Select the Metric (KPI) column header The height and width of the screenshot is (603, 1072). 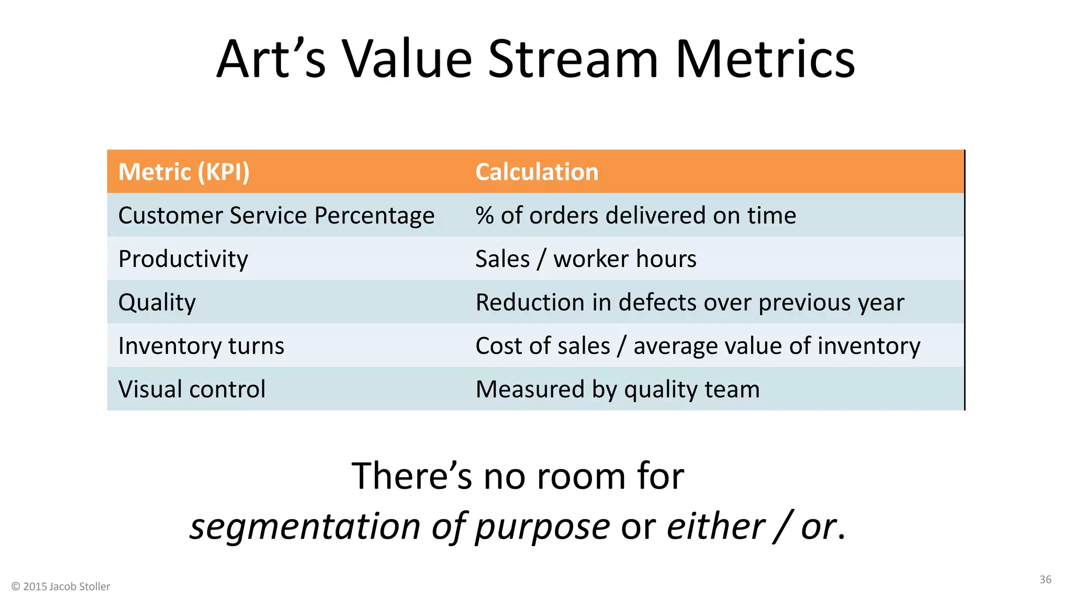click(184, 172)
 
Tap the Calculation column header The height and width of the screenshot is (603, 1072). click(537, 172)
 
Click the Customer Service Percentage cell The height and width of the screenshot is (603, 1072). click(276, 216)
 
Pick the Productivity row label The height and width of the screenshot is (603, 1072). click(183, 259)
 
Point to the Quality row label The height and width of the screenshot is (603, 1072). click(157, 303)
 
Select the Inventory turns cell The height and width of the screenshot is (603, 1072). click(201, 346)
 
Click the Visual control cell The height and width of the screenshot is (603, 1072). click(192, 389)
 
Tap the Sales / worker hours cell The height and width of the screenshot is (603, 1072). click(586, 259)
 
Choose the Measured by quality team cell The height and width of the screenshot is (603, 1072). click(617, 389)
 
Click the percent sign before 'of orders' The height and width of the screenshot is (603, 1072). click(485, 216)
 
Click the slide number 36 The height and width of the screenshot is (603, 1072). click(1045, 579)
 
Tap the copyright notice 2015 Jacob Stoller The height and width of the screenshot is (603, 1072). click(61, 587)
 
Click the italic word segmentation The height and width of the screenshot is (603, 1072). click(305, 526)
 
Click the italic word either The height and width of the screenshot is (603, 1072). click(716, 526)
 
